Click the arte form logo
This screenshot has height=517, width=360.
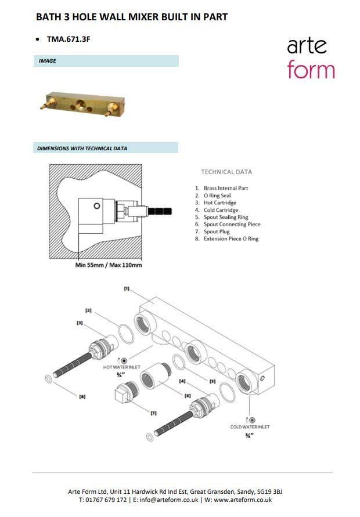311,59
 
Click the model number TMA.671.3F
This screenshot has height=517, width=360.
69,39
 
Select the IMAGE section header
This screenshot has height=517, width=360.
47,61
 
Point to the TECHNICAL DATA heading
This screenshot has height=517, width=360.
226,172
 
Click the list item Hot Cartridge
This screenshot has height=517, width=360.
219,203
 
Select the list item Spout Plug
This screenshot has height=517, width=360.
217,232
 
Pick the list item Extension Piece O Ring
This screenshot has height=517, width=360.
231,238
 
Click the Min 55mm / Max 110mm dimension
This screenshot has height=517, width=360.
109,265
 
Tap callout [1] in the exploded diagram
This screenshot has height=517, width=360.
127,288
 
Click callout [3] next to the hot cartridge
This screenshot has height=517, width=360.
80,323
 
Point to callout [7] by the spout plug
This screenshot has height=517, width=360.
154,413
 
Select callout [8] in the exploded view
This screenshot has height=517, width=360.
82,396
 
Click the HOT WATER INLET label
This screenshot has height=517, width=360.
122,367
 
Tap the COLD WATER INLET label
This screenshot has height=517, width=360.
250,426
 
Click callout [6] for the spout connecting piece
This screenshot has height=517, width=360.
188,395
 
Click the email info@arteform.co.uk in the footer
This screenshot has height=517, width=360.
169,500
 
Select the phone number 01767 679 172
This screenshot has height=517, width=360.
106,500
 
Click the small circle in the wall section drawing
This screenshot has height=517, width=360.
97,206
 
